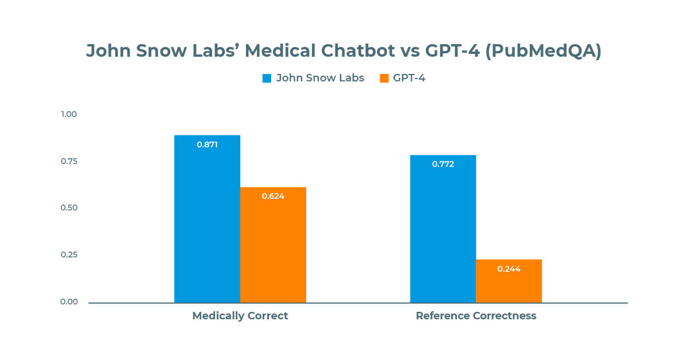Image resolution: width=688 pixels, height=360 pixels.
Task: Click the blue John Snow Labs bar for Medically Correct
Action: (207, 224)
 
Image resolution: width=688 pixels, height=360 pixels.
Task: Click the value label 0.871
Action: (207, 144)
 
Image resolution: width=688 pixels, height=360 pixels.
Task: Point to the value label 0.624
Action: (273, 196)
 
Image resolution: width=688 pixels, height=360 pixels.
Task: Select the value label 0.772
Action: (443, 164)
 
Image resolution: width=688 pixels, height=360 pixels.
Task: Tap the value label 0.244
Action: (509, 268)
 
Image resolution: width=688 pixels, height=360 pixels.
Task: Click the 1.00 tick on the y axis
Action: (69, 114)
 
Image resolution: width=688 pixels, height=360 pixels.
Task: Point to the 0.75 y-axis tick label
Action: (69, 161)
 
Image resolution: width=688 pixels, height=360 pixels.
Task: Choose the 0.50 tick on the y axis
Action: (69, 208)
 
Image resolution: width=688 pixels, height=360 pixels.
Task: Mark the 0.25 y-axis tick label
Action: (69, 255)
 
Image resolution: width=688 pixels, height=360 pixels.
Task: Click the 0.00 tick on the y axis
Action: (69, 302)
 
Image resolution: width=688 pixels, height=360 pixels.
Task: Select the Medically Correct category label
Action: (240, 316)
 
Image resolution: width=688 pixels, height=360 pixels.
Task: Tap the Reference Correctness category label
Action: (476, 316)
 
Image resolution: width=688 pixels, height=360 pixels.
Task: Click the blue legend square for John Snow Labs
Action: (267, 79)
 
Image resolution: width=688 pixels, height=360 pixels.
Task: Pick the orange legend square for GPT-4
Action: (384, 79)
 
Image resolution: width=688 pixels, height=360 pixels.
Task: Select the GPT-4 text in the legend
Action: (409, 79)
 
